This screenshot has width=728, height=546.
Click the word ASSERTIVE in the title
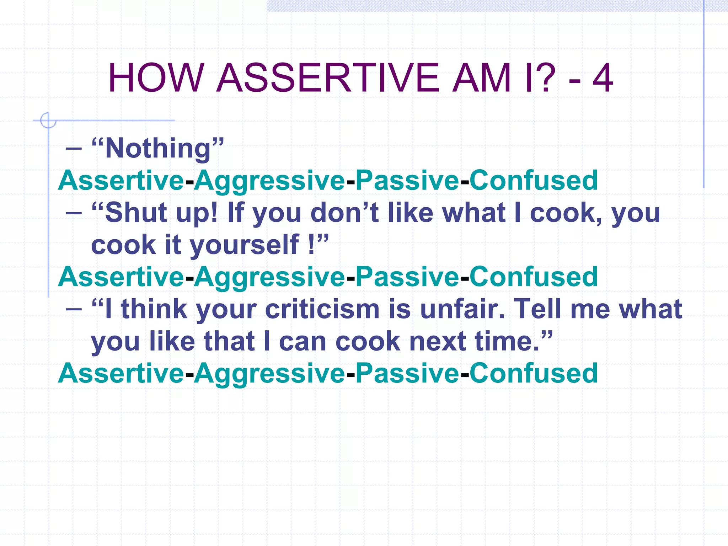click(x=327, y=78)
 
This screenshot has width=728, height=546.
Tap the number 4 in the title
click(x=602, y=78)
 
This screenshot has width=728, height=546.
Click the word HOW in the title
click(x=156, y=78)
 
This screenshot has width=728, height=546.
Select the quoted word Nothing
click(x=158, y=148)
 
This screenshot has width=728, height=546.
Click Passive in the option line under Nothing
click(x=407, y=181)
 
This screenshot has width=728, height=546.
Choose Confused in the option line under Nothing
click(x=534, y=181)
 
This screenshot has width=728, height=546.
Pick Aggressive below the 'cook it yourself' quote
click(x=269, y=277)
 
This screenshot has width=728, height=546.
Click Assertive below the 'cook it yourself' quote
click(x=121, y=277)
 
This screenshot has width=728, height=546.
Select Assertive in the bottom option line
click(x=121, y=373)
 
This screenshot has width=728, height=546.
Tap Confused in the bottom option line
click(x=534, y=373)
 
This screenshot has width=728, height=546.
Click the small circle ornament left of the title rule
click(x=48, y=121)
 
